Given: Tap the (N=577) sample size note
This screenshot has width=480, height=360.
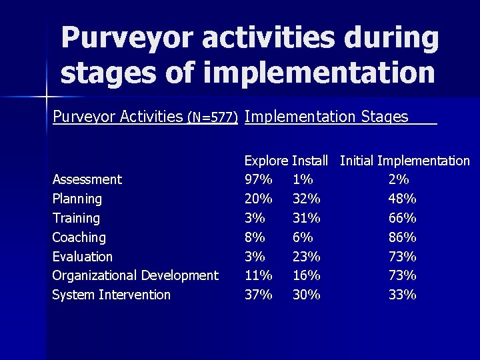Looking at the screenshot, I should [x=213, y=118].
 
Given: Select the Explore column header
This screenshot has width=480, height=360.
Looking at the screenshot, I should [x=266, y=161].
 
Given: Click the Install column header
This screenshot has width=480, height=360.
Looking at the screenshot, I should [x=310, y=161].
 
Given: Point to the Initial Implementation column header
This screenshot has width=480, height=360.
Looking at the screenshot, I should [x=405, y=161].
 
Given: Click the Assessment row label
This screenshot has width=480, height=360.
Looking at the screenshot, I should [x=87, y=179].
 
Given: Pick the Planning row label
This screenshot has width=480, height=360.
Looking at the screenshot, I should [x=77, y=199].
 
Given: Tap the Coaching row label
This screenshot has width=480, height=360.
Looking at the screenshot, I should [x=79, y=237].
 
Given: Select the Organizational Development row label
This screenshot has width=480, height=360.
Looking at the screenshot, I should [x=135, y=275].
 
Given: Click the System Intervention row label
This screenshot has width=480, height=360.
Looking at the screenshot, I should [x=111, y=295].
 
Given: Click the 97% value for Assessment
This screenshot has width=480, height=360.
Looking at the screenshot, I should [x=258, y=179].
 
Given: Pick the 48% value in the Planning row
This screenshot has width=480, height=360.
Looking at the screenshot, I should [x=402, y=199].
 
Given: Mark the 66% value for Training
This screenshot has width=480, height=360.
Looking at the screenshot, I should [x=402, y=218].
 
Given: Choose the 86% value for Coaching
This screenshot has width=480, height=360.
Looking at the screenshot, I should [x=402, y=237].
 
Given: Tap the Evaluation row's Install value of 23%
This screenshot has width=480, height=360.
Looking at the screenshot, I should [x=306, y=257].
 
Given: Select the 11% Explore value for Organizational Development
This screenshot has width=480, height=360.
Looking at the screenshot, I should [x=258, y=275].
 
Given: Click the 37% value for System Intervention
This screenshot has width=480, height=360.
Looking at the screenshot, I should [x=258, y=295].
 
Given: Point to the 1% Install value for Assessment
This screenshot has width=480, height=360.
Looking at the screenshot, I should [x=303, y=179].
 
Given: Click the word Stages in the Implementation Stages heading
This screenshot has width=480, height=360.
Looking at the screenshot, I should [x=384, y=117].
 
